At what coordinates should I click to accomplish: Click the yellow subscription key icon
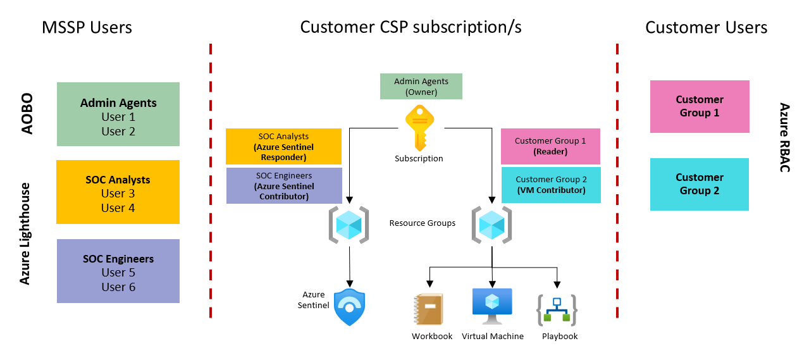[x=419, y=127]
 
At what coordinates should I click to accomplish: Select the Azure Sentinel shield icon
[x=349, y=307]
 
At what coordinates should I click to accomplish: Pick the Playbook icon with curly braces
[x=557, y=310]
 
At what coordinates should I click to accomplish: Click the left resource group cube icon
[x=349, y=225]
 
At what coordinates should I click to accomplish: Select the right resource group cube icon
[x=491, y=225]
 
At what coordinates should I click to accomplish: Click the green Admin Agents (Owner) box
[x=421, y=87]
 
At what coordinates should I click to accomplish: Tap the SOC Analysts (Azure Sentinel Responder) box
[x=284, y=147]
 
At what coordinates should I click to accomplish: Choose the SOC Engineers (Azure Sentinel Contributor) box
[x=284, y=186]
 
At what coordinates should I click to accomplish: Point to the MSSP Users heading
[x=87, y=28]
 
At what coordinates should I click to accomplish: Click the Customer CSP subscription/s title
[x=411, y=28]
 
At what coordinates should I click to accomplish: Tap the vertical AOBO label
[x=27, y=115]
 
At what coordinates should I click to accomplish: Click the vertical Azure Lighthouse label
[x=25, y=233]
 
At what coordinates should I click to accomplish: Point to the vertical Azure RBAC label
[x=784, y=137]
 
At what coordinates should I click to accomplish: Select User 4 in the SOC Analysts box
[x=118, y=208]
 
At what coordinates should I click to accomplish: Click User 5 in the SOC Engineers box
[x=118, y=273]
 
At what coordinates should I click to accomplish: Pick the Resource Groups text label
[x=422, y=223]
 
